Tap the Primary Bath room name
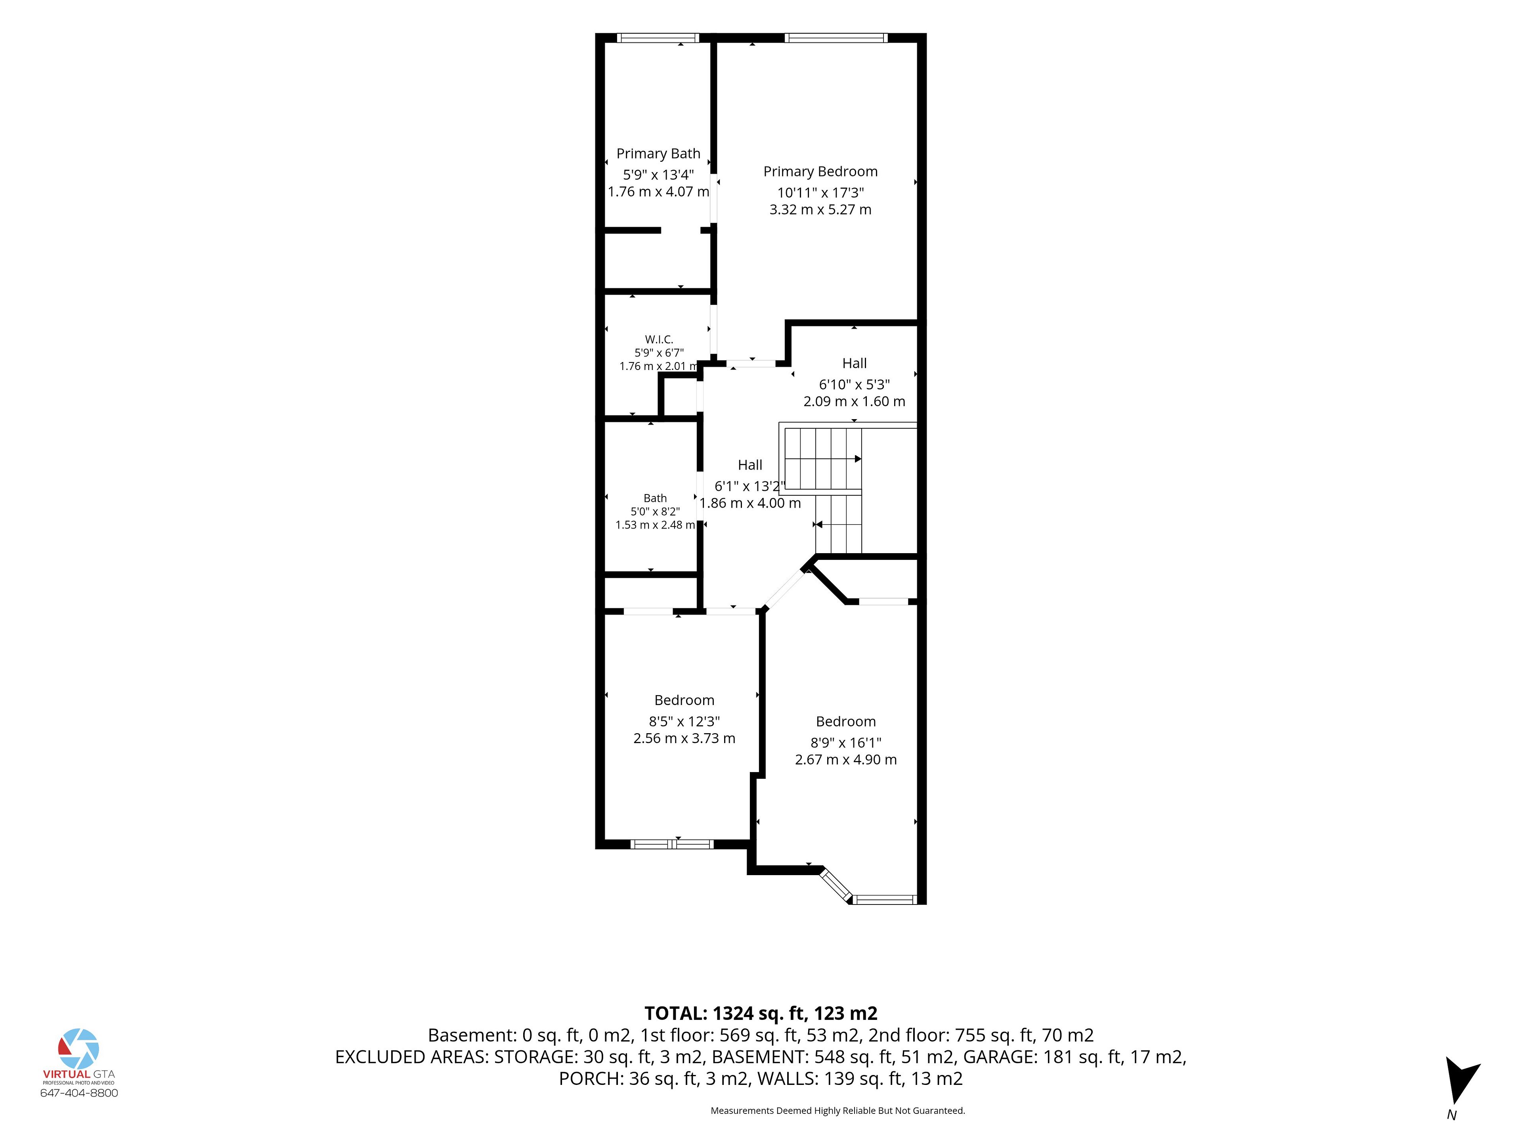click(x=658, y=153)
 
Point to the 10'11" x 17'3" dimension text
click(x=820, y=193)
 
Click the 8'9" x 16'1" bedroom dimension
click(x=846, y=743)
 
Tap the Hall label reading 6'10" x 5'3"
click(x=855, y=364)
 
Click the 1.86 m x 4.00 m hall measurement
click(x=750, y=503)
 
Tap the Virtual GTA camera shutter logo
click(x=78, y=1049)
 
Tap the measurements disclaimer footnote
click(x=838, y=1110)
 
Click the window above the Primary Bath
click(x=658, y=38)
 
